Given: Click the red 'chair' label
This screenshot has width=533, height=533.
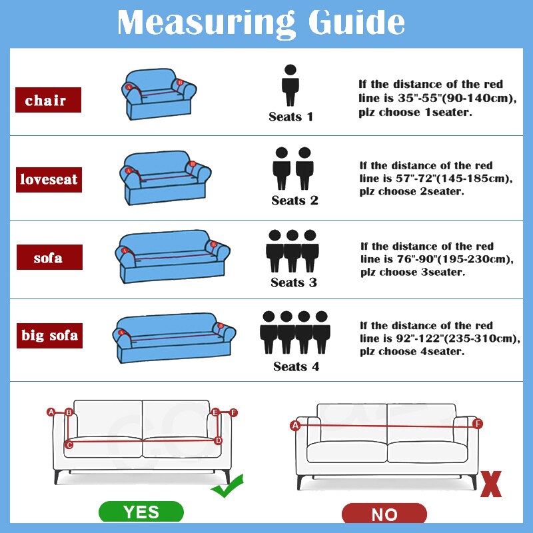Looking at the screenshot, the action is tap(48, 100).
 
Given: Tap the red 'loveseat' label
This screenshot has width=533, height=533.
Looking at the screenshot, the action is tap(49, 180).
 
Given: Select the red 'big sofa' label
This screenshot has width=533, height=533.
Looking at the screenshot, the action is tap(49, 336).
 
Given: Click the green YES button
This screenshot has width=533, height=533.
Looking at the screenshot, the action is tap(141, 512).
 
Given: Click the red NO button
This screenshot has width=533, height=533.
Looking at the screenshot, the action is tap(384, 514).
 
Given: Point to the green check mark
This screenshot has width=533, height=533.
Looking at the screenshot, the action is tap(227, 486).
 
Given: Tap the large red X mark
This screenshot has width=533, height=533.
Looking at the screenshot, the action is tap(491, 484).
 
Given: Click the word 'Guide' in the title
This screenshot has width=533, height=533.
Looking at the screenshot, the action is tap(356, 22).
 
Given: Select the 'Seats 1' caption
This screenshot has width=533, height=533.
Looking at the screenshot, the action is tap(290, 117).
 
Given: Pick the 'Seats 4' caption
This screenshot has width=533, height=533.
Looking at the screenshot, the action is tap(296, 366).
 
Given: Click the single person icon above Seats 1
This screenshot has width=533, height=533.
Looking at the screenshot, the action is tap(290, 85).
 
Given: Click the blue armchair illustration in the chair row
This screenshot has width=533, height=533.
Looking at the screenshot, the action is tap(159, 94).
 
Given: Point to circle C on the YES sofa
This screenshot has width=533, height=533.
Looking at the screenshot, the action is tap(69, 444).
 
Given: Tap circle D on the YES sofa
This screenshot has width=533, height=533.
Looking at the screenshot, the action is tap(218, 440).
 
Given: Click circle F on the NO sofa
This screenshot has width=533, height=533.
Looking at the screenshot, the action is tap(478, 424).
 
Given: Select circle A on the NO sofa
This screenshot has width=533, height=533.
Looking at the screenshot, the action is tap(295, 425).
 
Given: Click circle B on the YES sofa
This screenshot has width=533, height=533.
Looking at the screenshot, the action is tap(69, 412).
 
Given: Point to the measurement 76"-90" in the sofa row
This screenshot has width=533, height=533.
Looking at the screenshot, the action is tap(416, 259).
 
